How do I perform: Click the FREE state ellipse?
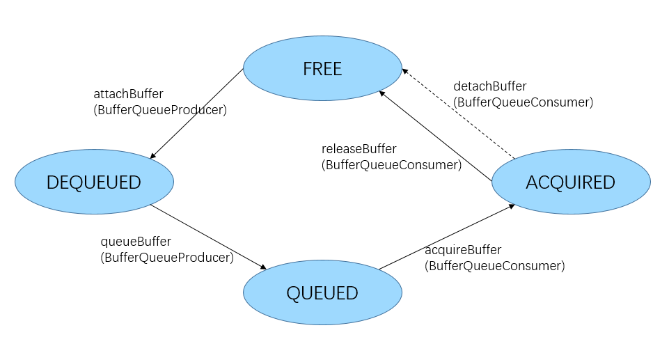tap(322, 69)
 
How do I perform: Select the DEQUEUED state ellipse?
tap(94, 182)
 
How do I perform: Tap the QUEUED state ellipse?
tap(322, 292)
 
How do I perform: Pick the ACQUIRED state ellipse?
tap(571, 182)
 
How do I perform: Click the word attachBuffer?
tap(128, 94)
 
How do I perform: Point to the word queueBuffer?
tap(136, 242)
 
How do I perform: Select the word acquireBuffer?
tap(463, 250)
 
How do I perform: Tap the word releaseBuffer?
tap(359, 149)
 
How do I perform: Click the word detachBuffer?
tap(490, 86)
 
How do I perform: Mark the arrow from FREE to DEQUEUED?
tap(197, 114)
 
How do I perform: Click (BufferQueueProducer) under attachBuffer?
tap(160, 110)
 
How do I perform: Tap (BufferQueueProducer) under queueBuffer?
tap(167, 258)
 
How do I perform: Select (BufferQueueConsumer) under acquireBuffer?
tap(495, 266)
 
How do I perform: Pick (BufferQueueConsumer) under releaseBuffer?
tap(391, 165)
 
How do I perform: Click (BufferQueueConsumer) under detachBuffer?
tap(523, 102)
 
